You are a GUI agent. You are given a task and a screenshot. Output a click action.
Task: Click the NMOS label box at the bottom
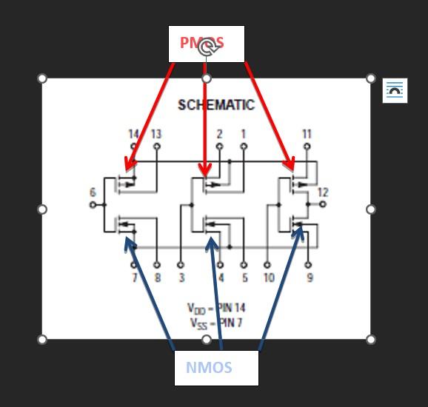tap(216, 368)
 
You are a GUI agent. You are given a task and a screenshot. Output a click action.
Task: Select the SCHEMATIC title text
tap(215, 105)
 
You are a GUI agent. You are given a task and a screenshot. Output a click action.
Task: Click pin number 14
tap(133, 135)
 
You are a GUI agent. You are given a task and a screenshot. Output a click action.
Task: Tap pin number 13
tap(156, 135)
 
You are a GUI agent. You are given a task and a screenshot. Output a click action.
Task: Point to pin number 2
tap(219, 135)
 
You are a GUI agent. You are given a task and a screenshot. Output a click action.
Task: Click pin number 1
tap(243, 135)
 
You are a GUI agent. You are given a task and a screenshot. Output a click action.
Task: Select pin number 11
tap(307, 135)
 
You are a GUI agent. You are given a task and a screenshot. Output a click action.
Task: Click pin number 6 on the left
tap(93, 193)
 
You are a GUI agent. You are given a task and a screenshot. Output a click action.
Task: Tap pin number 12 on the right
tap(323, 193)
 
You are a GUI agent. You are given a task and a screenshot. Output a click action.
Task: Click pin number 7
tap(134, 278)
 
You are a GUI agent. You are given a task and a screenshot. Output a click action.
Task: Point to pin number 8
tap(157, 278)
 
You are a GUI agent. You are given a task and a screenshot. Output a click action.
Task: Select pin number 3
tap(181, 278)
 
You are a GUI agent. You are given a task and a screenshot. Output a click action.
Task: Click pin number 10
tap(268, 278)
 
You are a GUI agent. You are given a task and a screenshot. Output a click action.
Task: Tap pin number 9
tap(310, 278)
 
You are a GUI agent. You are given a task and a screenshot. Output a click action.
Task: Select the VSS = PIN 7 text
tap(215, 323)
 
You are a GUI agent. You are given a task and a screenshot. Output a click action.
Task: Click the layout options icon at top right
tap(395, 90)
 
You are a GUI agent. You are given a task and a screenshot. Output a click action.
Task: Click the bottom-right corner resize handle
tap(371, 340)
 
